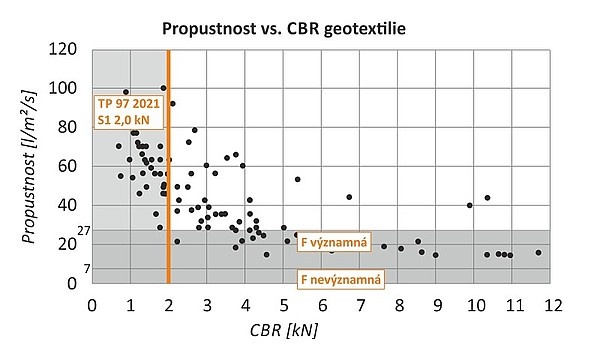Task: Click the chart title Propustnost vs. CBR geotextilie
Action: [300, 27]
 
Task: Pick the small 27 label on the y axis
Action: [84, 230]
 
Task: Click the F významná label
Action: [335, 242]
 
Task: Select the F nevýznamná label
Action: [340, 277]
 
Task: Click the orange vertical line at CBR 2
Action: [169, 200]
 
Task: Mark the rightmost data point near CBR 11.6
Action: [538, 253]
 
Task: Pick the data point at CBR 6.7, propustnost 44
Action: [349, 197]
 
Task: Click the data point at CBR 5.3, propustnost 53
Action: [297, 180]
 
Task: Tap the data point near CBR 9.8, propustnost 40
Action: [469, 205]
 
